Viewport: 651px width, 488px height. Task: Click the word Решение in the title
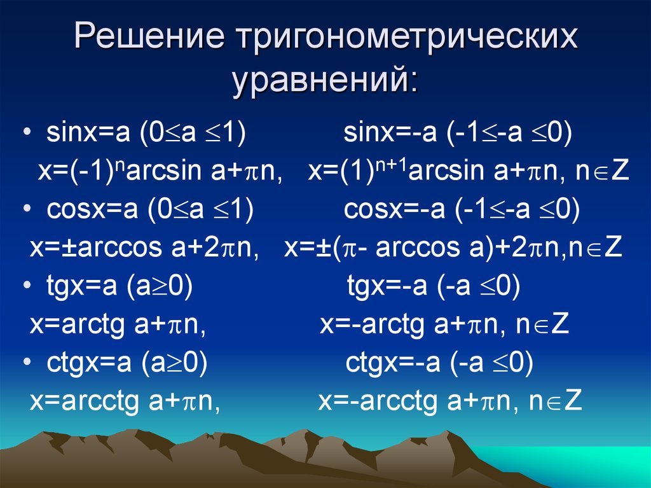click(x=149, y=36)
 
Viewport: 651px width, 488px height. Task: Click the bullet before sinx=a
click(x=27, y=132)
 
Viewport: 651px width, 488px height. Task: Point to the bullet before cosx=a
click(x=27, y=209)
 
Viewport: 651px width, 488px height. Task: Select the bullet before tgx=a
click(x=27, y=286)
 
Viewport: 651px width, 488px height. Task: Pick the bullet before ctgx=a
click(x=27, y=362)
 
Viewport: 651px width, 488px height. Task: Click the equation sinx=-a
click(x=390, y=132)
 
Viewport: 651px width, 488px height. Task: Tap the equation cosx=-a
click(x=394, y=209)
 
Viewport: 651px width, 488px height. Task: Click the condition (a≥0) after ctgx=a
click(x=174, y=363)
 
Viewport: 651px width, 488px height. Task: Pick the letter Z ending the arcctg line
click(x=573, y=400)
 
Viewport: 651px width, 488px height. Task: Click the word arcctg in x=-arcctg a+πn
click(x=398, y=402)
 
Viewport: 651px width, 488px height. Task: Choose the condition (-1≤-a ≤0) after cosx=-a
click(x=517, y=210)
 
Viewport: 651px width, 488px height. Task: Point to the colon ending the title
click(x=412, y=82)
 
